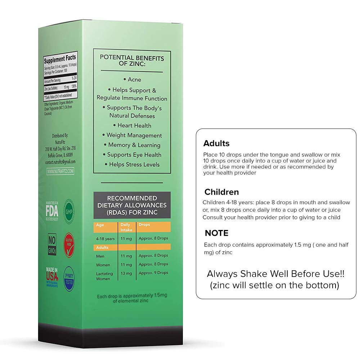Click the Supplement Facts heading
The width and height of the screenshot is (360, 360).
pos(60,58)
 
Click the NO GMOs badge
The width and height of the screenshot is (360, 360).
pos(52,244)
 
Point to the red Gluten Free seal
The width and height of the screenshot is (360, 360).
pos(69,245)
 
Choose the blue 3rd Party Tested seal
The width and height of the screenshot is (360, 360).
pos(69,278)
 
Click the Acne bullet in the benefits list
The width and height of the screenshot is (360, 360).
pos(132,80)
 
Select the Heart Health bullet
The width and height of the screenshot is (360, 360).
pos(132,126)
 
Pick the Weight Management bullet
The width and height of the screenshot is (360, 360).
pos(132,135)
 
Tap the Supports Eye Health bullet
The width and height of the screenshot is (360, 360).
pos(132,155)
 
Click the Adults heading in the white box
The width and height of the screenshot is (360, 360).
pos(216,143)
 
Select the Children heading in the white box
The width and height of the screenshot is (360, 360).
pos(221,192)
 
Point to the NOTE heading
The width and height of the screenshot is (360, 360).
pos(216,233)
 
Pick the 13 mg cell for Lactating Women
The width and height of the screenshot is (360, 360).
pos(125,273)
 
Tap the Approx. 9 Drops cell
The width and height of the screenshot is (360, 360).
pos(153,273)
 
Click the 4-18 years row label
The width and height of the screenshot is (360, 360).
pos(105,239)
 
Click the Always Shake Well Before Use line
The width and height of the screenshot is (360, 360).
pos(276,274)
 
